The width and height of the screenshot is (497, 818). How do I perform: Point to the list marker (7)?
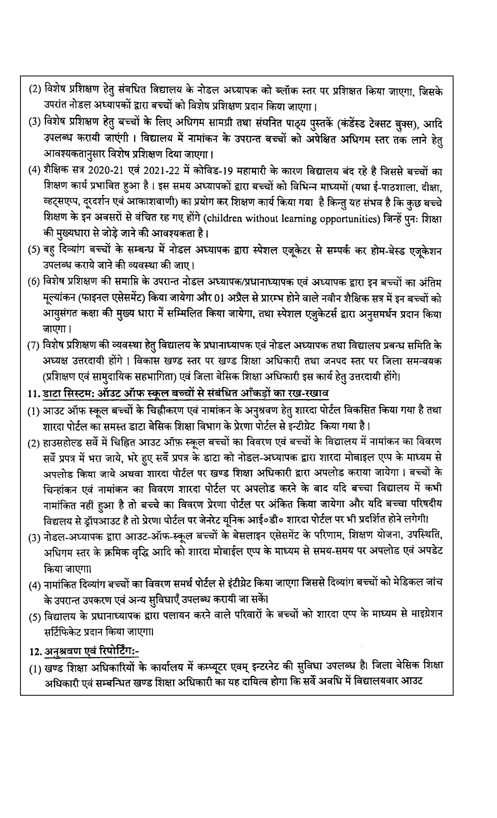pyautogui.click(x=34, y=346)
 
